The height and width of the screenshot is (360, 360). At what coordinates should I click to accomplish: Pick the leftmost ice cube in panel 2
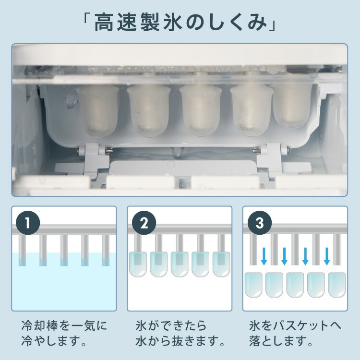click(138, 264)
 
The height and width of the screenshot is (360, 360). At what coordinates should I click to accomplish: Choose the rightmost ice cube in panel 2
click(222, 264)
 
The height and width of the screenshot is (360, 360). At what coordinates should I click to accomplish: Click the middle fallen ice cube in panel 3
click(295, 284)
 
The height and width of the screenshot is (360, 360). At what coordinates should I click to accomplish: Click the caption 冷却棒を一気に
click(64, 326)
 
